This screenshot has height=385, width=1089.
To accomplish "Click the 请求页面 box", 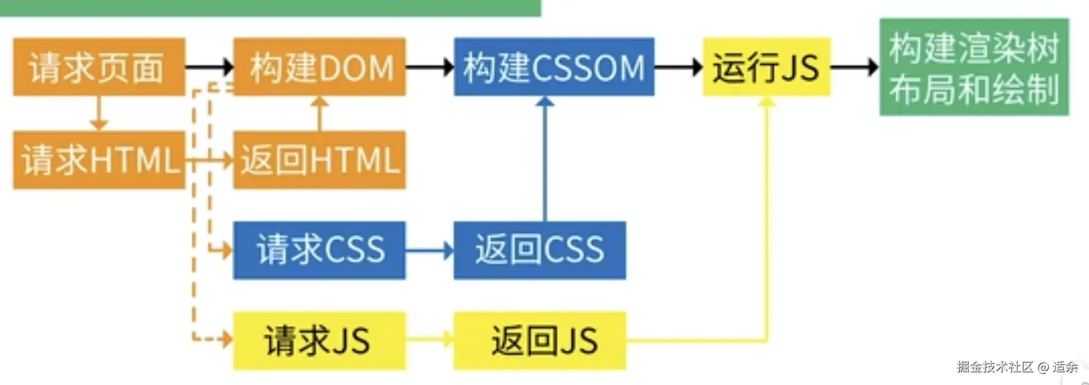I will point(99,67).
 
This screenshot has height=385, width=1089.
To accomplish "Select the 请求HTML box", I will point(99,160).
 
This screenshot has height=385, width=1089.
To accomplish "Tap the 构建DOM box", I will point(319,67).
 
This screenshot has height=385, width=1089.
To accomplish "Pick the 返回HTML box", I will point(319,160).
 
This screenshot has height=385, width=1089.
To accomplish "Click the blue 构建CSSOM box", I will point(554,67).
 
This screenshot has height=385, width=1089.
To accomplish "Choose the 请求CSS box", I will point(319,251).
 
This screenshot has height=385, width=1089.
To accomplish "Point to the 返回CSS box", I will point(539,251).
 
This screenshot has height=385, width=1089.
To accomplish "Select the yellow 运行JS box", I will point(766,67).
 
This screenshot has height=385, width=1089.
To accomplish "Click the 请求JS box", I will point(319,341).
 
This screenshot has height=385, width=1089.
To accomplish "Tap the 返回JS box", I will point(539,341).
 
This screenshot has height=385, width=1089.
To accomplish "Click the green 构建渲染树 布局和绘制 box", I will point(974,67).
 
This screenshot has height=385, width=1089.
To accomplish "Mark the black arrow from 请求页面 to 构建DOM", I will point(209,67).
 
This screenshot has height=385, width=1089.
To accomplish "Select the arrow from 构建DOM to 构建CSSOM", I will point(429,67).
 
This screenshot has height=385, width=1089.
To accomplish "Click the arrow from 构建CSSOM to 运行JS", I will point(678,67).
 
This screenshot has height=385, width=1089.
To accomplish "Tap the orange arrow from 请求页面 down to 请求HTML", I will point(99,113).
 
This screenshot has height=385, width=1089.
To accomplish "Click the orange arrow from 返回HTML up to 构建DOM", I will point(319,113).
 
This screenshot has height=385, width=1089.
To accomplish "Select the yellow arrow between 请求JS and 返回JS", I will point(429,340).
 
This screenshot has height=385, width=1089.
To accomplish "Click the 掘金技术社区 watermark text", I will point(994,367).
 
